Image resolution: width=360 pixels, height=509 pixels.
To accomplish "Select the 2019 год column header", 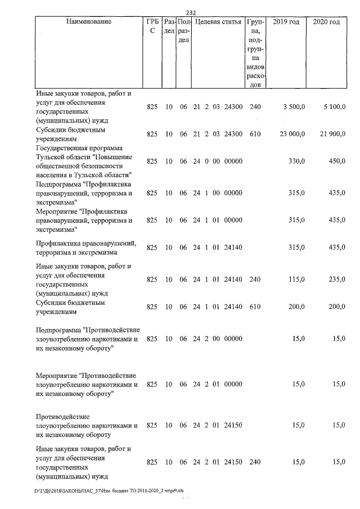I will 286,22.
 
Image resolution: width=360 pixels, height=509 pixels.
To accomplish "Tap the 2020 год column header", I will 326,22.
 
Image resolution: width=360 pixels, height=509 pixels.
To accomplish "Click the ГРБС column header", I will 152,26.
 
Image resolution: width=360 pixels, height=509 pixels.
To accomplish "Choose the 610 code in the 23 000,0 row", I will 255,134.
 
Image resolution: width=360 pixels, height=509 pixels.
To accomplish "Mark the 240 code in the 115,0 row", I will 255,280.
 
